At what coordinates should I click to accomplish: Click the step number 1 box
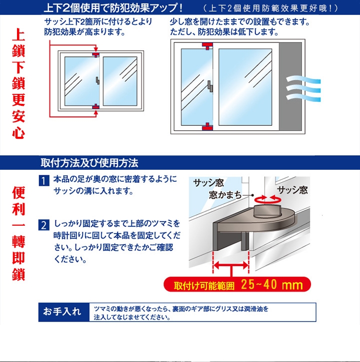(x=44, y=181)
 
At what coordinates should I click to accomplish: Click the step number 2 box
(x=44, y=225)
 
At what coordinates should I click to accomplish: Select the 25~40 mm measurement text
(x=272, y=285)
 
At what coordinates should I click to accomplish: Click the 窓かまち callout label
(x=225, y=195)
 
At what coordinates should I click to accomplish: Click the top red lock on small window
(x=96, y=55)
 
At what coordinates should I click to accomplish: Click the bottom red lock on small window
(x=95, y=106)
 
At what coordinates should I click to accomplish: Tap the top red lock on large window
(x=207, y=46)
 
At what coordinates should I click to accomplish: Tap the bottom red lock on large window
(x=207, y=127)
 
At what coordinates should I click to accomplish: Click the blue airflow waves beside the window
(x=303, y=89)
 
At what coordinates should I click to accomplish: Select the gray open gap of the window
(x=290, y=86)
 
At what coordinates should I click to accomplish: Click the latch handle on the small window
(x=98, y=81)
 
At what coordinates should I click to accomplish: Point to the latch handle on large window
(x=210, y=86)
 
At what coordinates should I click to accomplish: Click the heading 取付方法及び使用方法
(x=89, y=163)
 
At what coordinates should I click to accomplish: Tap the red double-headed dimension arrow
(x=231, y=265)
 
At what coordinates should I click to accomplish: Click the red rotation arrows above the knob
(x=267, y=198)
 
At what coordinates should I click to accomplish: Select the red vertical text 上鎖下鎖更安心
(x=18, y=83)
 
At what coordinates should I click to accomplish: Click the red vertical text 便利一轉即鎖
(x=18, y=233)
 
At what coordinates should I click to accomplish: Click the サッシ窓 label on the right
(x=292, y=190)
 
